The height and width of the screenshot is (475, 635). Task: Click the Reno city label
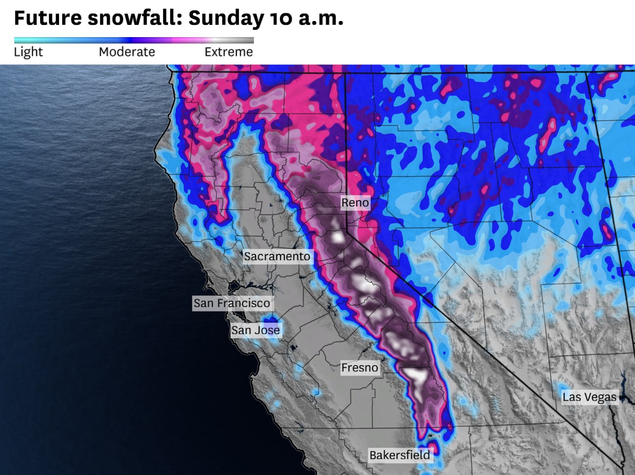click(355, 203)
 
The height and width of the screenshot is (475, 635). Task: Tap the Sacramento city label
click(277, 256)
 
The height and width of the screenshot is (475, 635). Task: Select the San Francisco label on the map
click(232, 303)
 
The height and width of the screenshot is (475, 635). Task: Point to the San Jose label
click(255, 330)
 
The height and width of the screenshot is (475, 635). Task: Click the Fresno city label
click(360, 368)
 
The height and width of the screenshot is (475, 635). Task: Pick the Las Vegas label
click(589, 397)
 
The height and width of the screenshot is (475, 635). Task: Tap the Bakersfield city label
click(400, 455)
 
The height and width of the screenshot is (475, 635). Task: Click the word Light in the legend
click(28, 52)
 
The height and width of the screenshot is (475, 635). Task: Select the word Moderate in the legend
click(127, 52)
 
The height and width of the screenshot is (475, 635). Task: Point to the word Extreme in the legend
click(229, 52)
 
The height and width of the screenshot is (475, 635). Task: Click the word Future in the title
click(48, 18)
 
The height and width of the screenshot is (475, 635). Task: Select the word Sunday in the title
click(226, 18)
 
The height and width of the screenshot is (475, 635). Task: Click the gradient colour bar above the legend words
click(134, 41)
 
